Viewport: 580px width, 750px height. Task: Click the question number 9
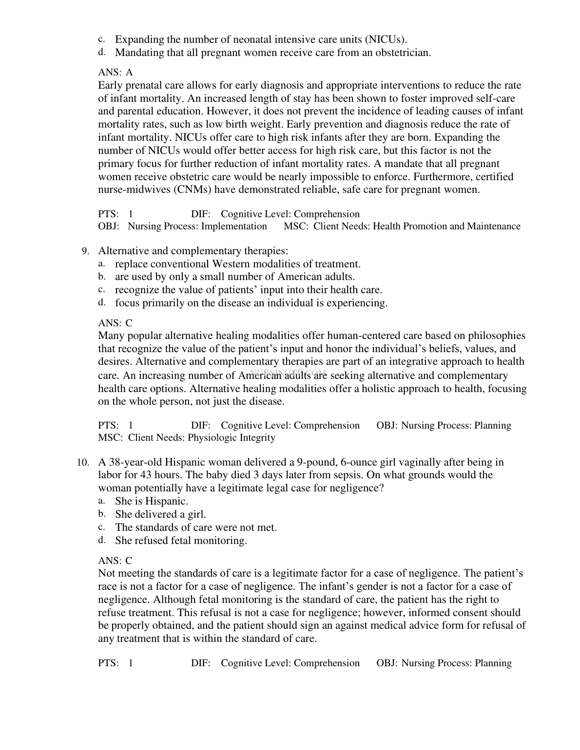point(85,251)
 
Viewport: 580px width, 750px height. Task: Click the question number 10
point(83,462)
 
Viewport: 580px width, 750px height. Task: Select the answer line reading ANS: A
point(116,73)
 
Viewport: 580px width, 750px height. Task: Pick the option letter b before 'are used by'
point(101,277)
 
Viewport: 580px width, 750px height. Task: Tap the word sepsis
point(345,475)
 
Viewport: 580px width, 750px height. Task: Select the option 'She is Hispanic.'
point(152,501)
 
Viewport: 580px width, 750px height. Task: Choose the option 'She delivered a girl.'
point(160,514)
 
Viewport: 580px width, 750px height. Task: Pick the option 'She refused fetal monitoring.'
point(181,541)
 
